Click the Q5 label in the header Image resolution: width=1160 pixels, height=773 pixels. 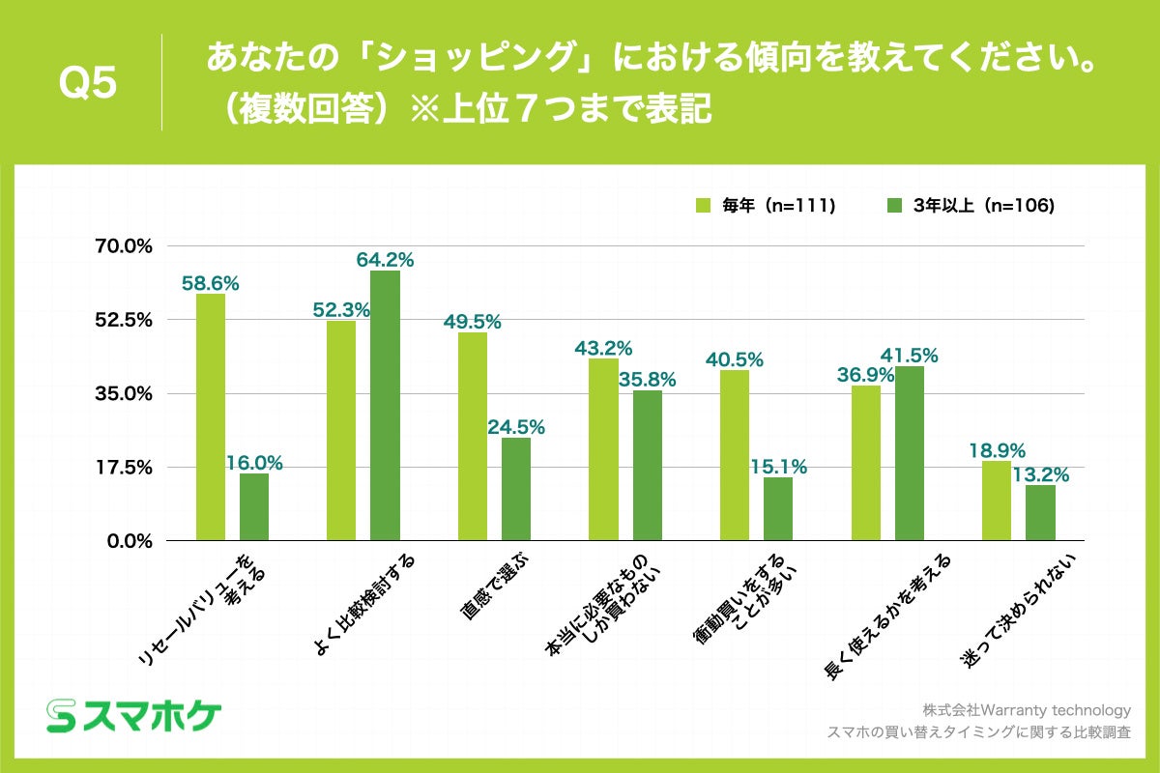(88, 83)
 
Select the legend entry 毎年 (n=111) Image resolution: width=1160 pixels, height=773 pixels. (765, 205)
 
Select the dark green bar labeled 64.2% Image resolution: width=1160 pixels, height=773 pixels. (385, 406)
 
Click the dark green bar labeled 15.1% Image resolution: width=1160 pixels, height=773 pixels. (777, 509)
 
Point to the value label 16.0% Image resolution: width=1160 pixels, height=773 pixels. (254, 463)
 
